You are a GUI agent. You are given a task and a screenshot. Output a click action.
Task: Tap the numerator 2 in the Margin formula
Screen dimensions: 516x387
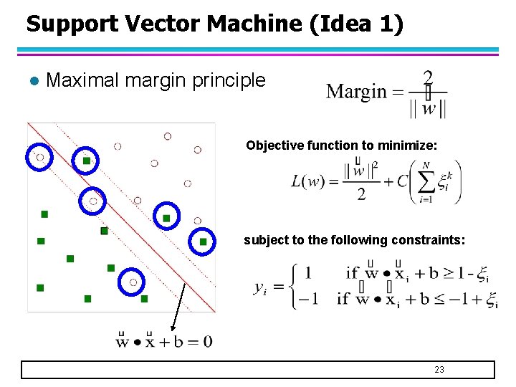(428, 77)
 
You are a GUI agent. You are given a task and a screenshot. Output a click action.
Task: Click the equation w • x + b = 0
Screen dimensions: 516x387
(164, 341)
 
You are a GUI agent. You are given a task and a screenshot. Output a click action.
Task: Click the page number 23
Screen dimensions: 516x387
(439, 369)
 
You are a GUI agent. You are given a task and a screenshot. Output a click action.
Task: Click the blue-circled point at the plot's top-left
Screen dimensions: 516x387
(40, 158)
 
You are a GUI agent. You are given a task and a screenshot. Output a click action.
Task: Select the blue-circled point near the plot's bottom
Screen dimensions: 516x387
(133, 282)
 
